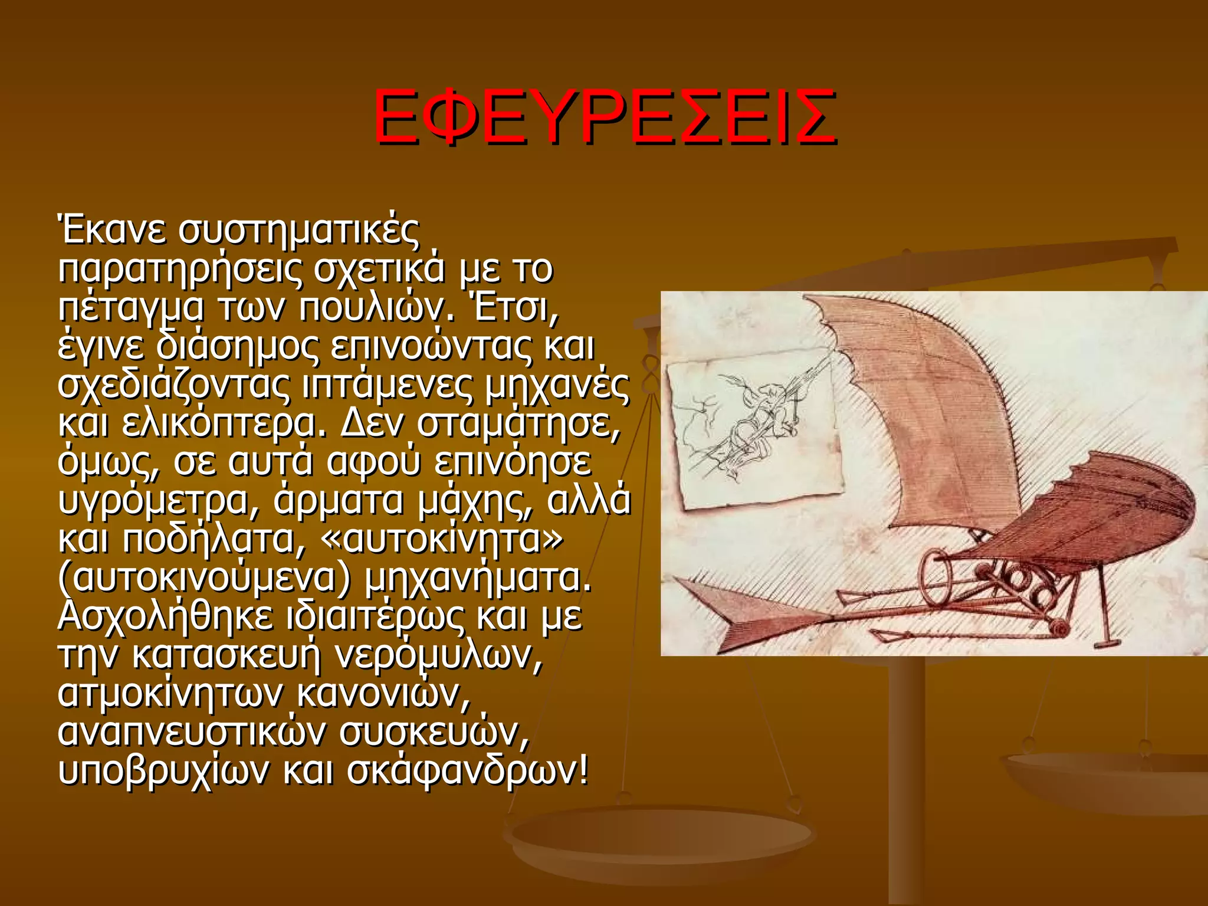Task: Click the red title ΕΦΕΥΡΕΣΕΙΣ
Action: pyautogui.click(x=604, y=117)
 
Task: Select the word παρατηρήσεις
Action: pyautogui.click(x=181, y=270)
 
